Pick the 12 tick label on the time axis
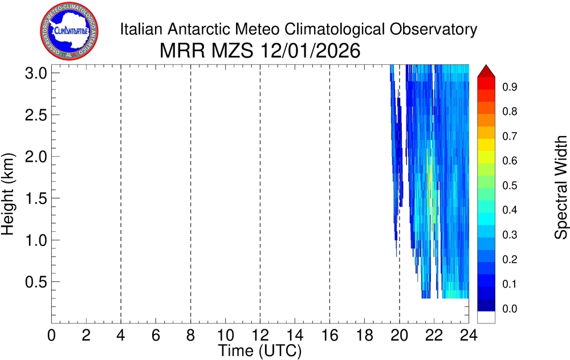(x=260, y=336)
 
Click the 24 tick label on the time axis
(x=469, y=336)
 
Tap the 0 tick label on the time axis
(x=51, y=336)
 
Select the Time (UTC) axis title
(x=260, y=350)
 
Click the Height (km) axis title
(x=8, y=194)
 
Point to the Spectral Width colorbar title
(x=561, y=187)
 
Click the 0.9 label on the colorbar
(x=509, y=87)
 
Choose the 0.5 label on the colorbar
(x=509, y=186)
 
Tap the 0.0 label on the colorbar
(x=509, y=309)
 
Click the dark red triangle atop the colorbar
(x=486, y=71)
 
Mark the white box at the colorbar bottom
(x=486, y=317)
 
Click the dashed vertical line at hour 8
(x=190, y=194)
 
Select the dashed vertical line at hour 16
(x=329, y=194)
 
